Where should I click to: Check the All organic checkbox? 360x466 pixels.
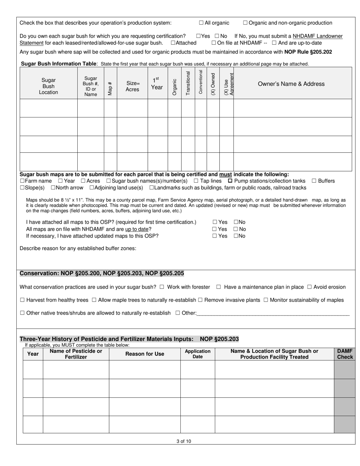point(201,23)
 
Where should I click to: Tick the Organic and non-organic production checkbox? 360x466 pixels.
point(245,23)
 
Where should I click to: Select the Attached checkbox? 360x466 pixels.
point(173,43)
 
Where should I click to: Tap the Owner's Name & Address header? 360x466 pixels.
point(291,84)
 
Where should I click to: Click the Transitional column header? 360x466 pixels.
point(188,83)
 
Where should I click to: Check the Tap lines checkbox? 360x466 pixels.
point(196,181)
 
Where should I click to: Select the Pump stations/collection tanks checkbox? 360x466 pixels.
point(230,181)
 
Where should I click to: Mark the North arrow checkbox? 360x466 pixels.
point(53,188)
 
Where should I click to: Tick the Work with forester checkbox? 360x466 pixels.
point(162,287)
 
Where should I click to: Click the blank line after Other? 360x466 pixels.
point(273,313)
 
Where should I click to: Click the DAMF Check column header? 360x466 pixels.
point(345,354)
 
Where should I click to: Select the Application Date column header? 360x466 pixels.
point(197,354)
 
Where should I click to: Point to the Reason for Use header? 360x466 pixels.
point(145,354)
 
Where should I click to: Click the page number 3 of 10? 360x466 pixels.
point(184,441)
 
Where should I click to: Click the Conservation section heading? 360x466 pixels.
point(102,274)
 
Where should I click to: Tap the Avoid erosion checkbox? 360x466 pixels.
point(309,287)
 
